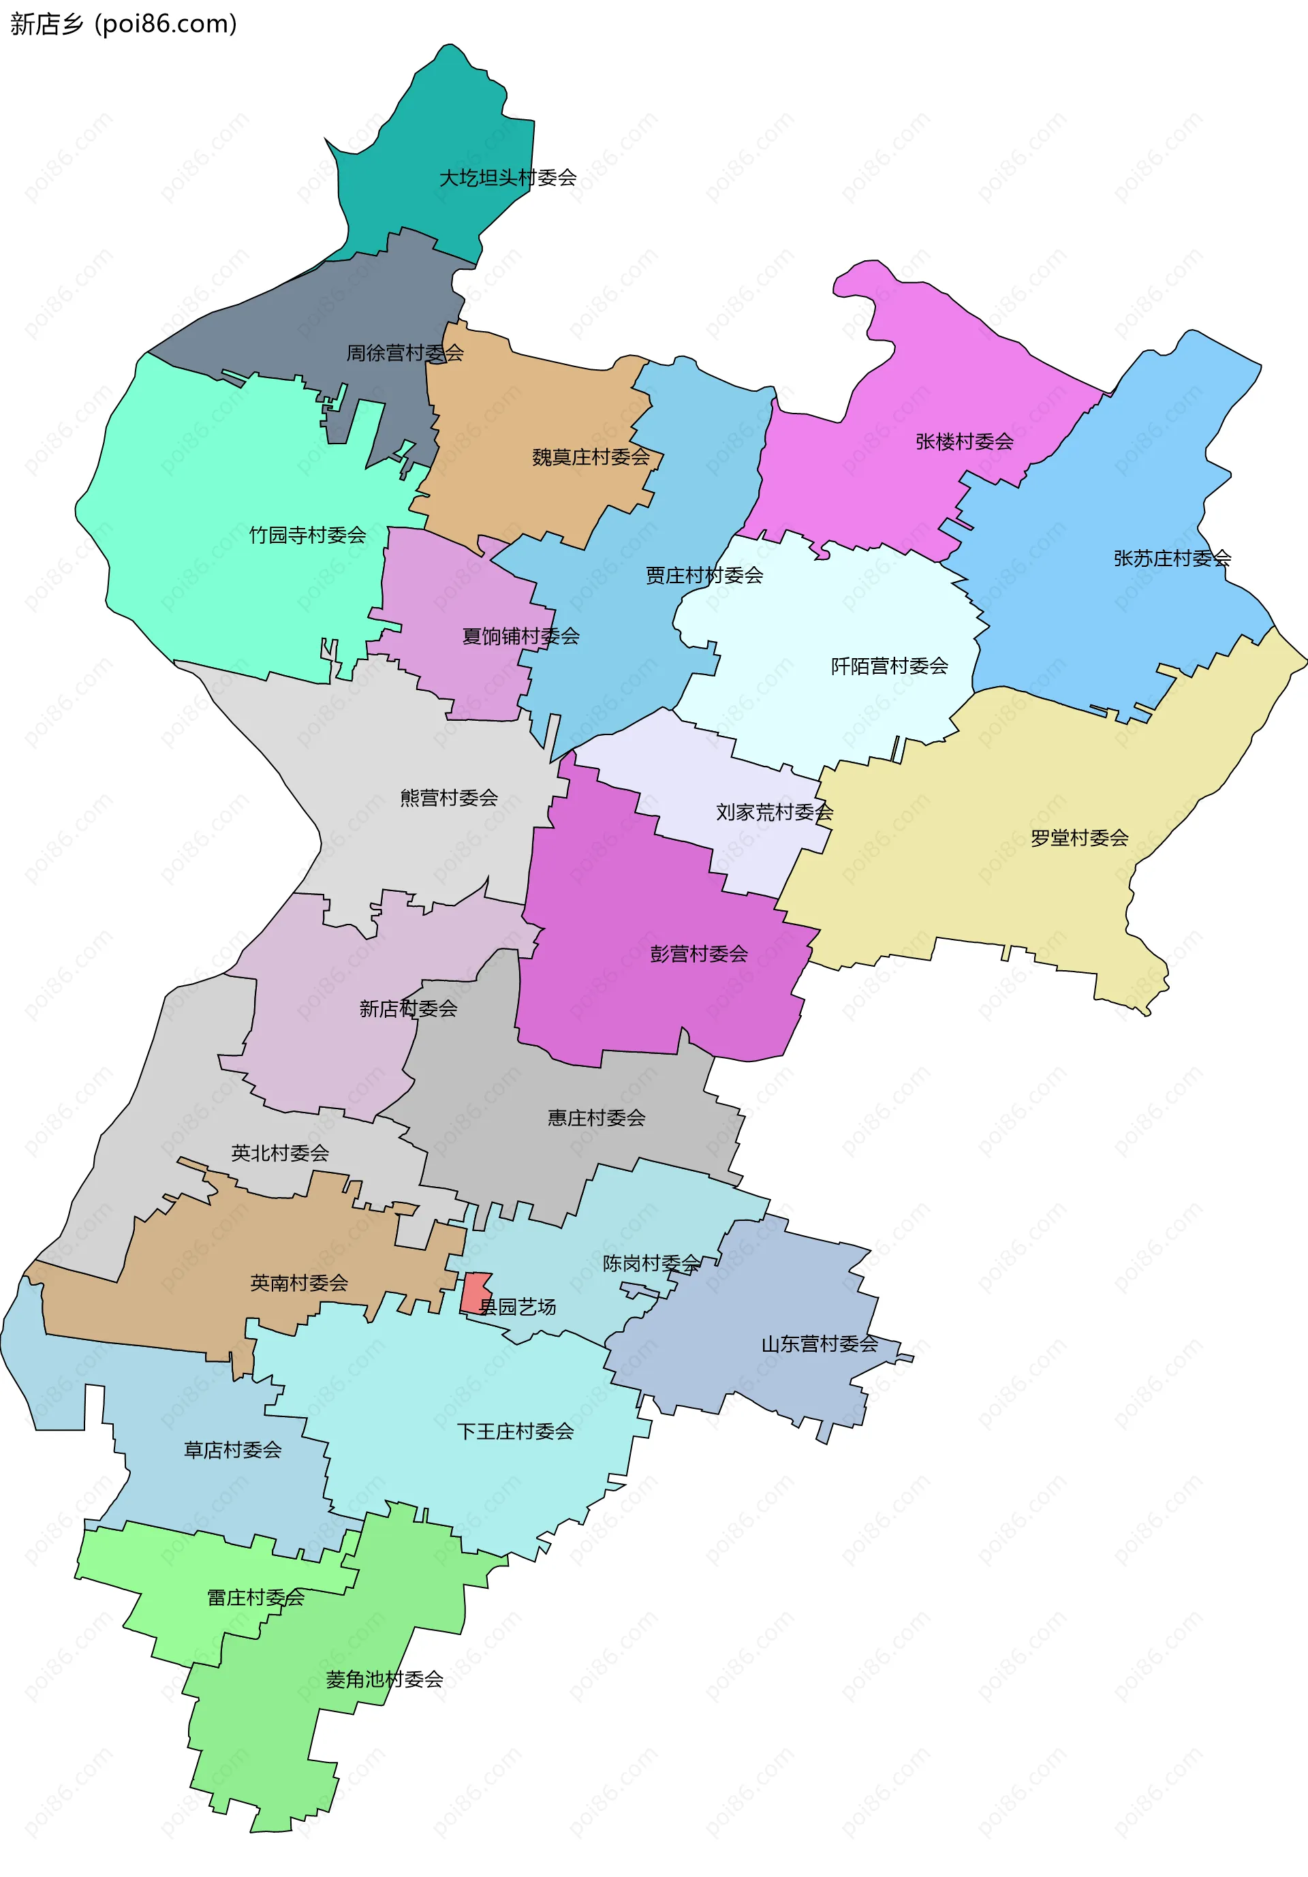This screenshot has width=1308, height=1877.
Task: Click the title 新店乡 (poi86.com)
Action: pyautogui.click(x=123, y=24)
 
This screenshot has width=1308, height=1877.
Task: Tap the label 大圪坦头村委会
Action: pyautogui.click(x=508, y=177)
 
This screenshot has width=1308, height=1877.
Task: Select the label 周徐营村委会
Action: pyautogui.click(x=405, y=352)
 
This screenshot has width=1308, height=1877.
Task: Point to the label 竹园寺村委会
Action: pyautogui.click(x=307, y=535)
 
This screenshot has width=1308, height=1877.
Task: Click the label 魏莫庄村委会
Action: pyautogui.click(x=590, y=457)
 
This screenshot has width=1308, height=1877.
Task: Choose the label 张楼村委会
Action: pyautogui.click(x=964, y=441)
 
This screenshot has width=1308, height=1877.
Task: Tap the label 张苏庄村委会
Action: pyautogui.click(x=1172, y=559)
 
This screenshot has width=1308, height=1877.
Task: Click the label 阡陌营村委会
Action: pyautogui.click(x=890, y=666)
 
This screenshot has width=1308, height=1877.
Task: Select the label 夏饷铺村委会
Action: pyautogui.click(x=520, y=636)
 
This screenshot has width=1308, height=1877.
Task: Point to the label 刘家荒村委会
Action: pyautogui.click(x=774, y=812)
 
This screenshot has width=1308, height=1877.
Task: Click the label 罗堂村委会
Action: pyautogui.click(x=1079, y=838)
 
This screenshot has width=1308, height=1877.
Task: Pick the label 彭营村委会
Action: pyautogui.click(x=699, y=954)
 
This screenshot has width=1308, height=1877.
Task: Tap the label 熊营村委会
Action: pyautogui.click(x=449, y=798)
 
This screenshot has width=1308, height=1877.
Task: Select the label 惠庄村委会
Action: pyautogui.click(x=596, y=1117)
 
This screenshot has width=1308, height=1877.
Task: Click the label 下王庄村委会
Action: pyautogui.click(x=515, y=1431)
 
